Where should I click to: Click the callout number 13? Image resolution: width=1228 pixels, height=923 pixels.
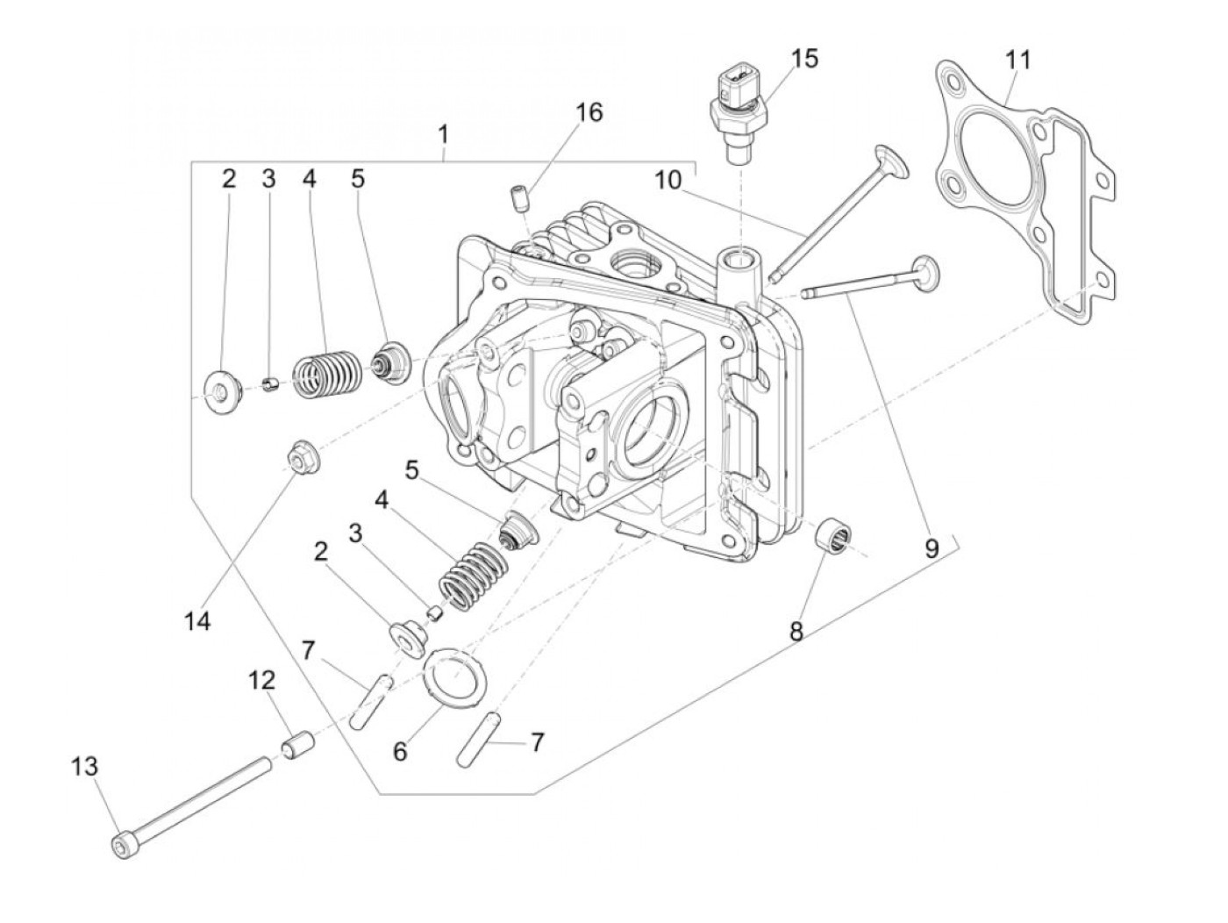[x=84, y=766]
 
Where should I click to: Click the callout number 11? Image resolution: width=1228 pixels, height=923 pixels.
[x=1017, y=61]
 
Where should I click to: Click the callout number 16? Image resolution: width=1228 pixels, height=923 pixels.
[x=589, y=112]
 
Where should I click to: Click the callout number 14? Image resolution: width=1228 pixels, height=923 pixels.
[x=197, y=621]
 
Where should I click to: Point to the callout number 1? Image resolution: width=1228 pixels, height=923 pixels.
[x=444, y=134]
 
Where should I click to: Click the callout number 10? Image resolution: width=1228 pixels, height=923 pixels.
[x=667, y=180]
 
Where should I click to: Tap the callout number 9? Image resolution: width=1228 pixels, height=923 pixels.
[x=931, y=548]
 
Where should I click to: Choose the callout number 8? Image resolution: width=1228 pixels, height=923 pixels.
[x=796, y=632]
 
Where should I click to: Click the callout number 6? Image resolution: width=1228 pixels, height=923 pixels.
[x=400, y=752]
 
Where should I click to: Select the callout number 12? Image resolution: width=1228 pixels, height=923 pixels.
[x=261, y=680]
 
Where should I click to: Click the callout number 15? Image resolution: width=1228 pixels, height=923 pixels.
[x=804, y=59]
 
